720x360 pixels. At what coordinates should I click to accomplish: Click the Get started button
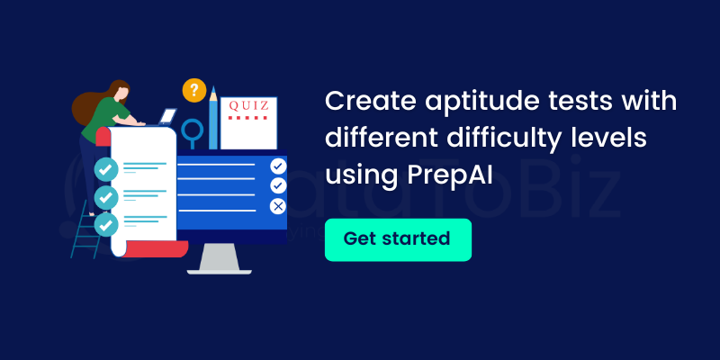click(x=398, y=239)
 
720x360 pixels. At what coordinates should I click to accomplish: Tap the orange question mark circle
click(x=194, y=90)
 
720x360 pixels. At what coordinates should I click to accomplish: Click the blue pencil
click(x=213, y=118)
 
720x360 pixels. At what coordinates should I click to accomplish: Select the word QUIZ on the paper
click(x=248, y=106)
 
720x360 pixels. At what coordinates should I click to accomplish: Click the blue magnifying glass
click(x=192, y=130)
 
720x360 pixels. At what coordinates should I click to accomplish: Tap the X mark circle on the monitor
click(x=278, y=206)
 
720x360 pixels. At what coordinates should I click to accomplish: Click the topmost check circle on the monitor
click(x=278, y=166)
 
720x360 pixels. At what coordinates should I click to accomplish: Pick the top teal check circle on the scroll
click(x=106, y=169)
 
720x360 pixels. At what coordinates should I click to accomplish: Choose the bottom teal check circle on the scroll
click(x=106, y=224)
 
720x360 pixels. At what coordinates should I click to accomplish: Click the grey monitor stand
click(x=219, y=259)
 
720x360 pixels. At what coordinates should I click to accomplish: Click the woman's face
click(x=121, y=94)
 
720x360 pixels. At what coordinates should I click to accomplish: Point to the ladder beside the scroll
click(x=86, y=229)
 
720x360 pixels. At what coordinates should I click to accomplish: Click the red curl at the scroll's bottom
click(x=156, y=249)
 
